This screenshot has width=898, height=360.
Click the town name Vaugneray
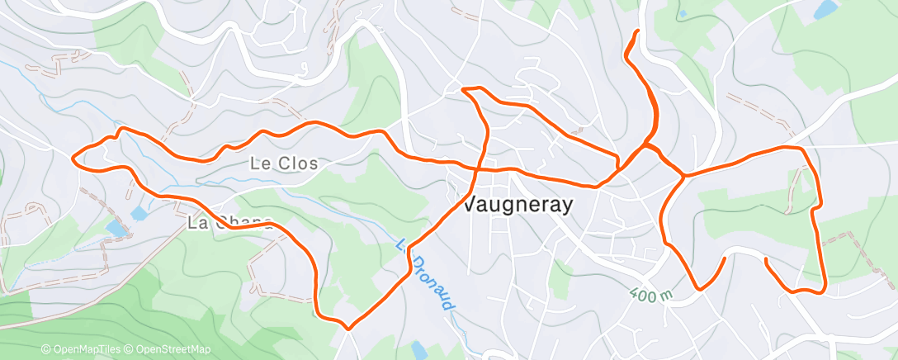(x=518, y=205)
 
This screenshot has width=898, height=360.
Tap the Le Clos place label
(x=284, y=163)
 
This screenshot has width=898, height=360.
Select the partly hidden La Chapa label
(x=229, y=222)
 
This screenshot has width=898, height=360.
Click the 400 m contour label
(x=651, y=294)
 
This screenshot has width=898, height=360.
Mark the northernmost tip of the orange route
(x=637, y=31)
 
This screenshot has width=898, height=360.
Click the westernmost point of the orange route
(x=74, y=156)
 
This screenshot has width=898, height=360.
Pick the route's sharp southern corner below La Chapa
(x=347, y=328)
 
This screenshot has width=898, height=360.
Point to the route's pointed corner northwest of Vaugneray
(x=462, y=88)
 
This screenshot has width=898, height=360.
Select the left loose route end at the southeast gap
(x=725, y=258)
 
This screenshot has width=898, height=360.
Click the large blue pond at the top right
(x=824, y=10)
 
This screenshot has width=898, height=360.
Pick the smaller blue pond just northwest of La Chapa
(x=139, y=214)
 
